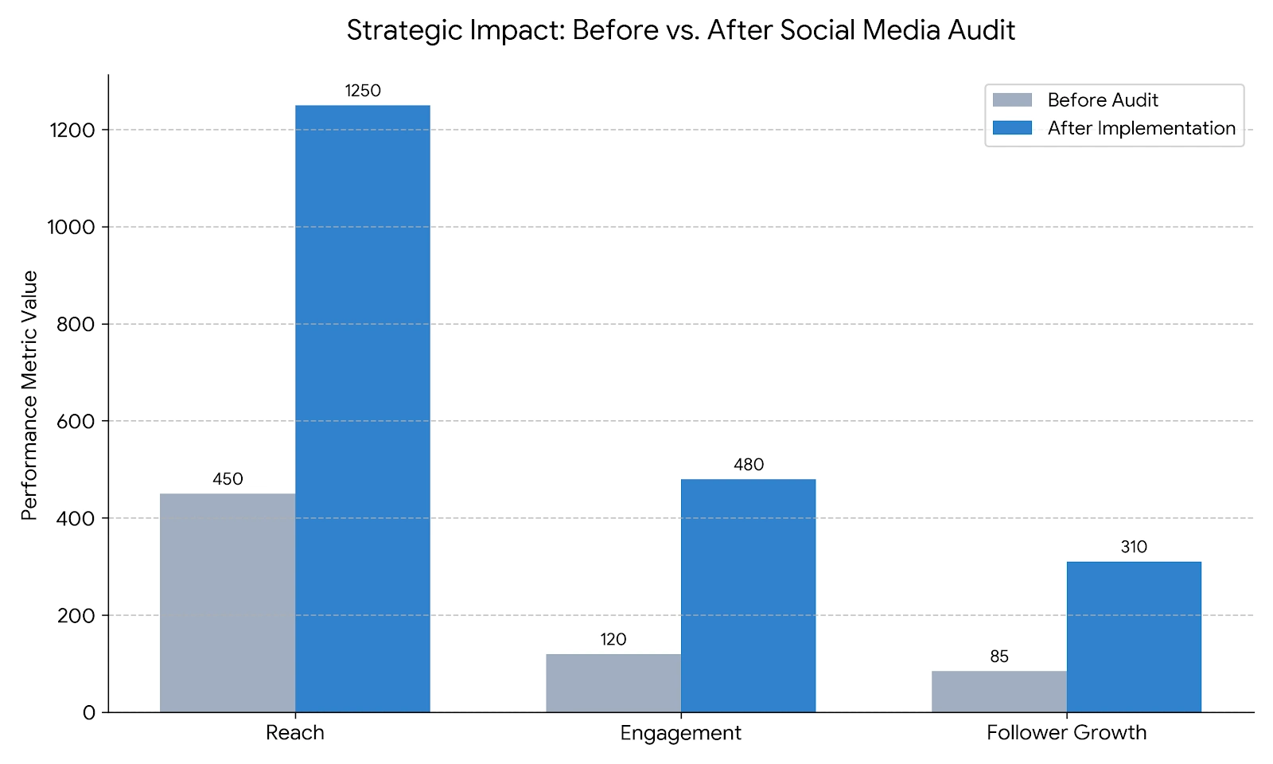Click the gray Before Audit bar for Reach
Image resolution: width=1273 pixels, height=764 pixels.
(228, 602)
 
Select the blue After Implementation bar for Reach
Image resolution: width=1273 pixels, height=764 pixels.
(363, 408)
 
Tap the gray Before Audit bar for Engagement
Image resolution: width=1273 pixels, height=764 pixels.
(613, 683)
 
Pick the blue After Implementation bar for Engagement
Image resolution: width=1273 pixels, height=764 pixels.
(749, 595)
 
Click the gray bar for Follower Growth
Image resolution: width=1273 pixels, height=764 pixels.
(999, 692)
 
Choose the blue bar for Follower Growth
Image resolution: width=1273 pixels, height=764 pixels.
(1134, 637)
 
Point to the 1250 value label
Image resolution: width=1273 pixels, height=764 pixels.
(363, 91)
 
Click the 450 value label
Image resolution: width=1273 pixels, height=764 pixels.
(228, 479)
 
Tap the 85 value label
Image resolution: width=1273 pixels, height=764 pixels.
(999, 657)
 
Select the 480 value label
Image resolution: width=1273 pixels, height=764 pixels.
(749, 465)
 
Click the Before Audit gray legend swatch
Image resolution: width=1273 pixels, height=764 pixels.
(1012, 100)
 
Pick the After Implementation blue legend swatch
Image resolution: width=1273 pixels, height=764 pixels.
(1012, 128)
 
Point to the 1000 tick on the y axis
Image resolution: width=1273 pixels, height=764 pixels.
(72, 228)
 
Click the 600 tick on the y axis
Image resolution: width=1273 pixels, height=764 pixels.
(76, 422)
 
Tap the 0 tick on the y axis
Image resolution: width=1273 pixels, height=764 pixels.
(89, 713)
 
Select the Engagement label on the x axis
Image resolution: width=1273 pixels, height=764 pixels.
(680, 733)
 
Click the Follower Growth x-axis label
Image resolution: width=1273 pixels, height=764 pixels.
(1066, 733)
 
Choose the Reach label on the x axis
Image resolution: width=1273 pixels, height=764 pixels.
(295, 733)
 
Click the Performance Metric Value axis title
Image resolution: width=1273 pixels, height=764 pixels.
(30, 396)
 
